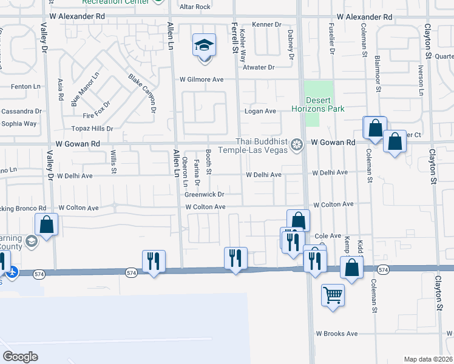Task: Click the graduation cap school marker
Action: pos(205,45)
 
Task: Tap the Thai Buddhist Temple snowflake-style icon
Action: pos(296,144)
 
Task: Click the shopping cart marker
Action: pos(333,295)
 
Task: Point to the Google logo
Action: pos(20,357)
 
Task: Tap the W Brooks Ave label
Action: pos(336,334)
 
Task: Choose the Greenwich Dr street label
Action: pos(205,195)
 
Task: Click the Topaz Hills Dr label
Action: pos(93,129)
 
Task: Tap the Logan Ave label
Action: pos(260,111)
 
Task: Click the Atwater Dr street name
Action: pos(259,67)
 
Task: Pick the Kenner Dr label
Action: pos(269,25)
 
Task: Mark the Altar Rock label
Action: pos(195,7)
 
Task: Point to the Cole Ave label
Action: pos(328,235)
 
